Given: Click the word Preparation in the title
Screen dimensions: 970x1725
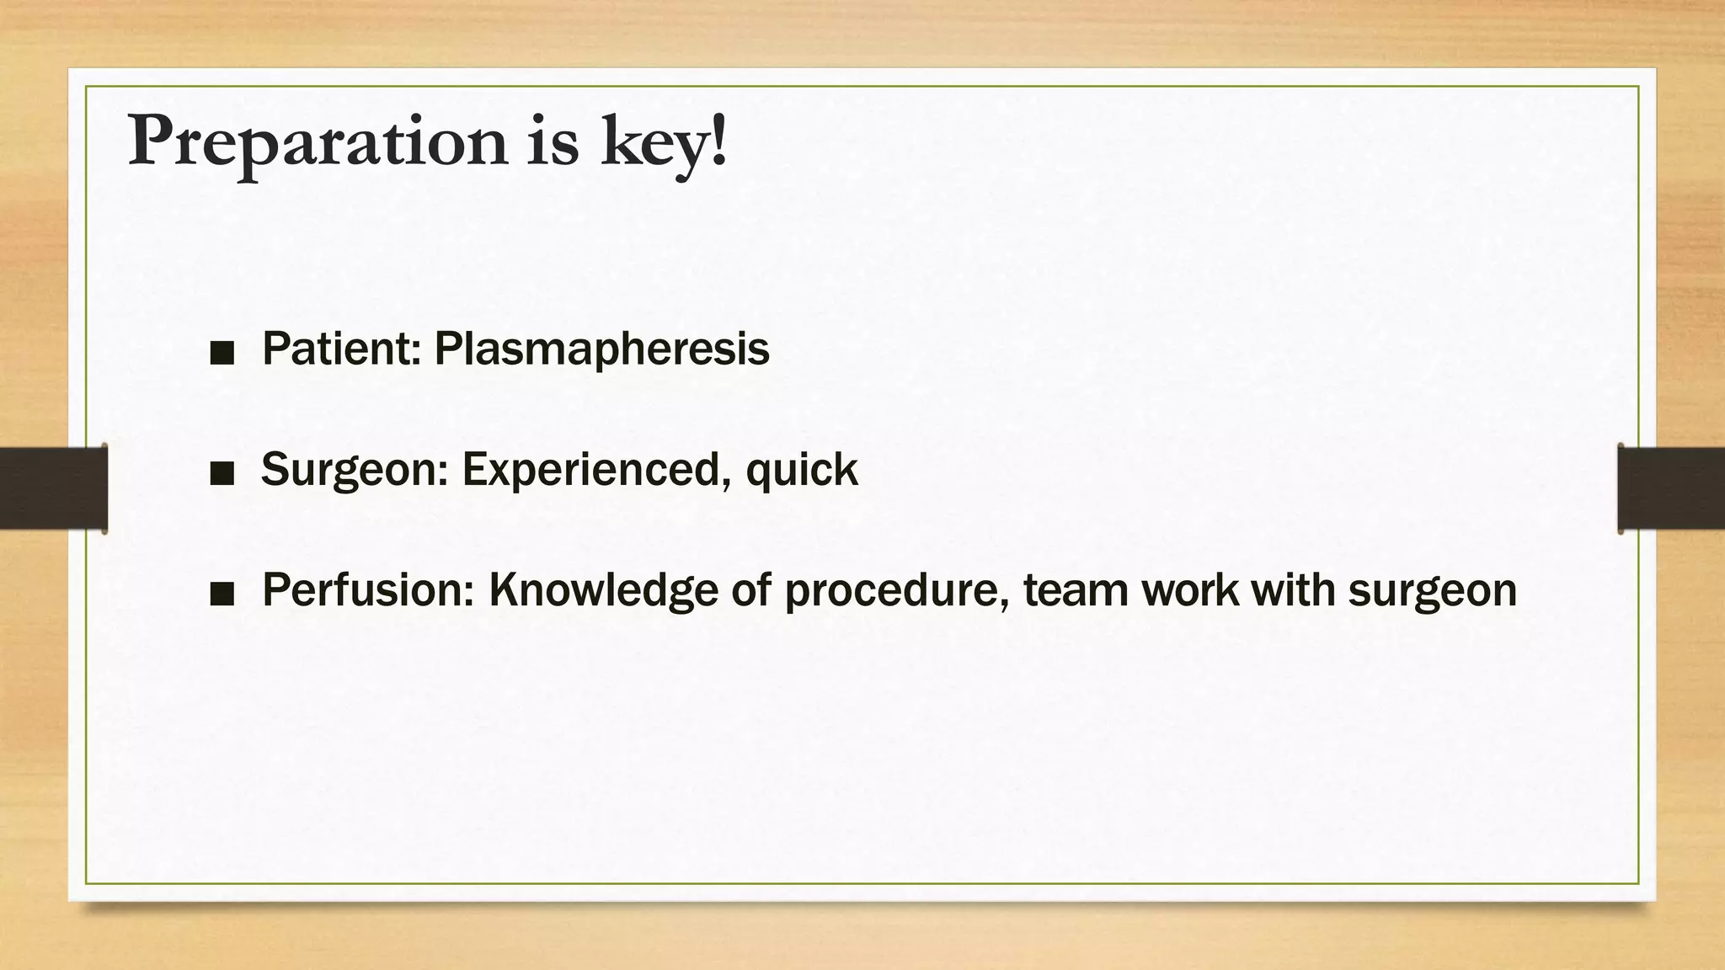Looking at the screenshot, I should coord(318,141).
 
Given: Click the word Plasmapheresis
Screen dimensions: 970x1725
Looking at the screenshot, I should coord(601,349).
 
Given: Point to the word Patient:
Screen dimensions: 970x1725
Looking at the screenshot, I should coord(341,348).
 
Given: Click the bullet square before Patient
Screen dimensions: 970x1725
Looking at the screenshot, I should coord(222,354).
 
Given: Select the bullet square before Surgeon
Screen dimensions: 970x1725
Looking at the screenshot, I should coord(222,474).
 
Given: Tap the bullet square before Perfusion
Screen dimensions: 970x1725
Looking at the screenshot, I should coord(222,594).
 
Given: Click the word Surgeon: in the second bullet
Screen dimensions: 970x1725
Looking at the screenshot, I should coord(355,470).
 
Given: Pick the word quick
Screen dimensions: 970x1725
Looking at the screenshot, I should coord(801,470).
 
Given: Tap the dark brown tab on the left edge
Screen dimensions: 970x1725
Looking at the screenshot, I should coord(53,488).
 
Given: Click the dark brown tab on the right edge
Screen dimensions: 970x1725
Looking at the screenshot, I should coord(1671,488).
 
